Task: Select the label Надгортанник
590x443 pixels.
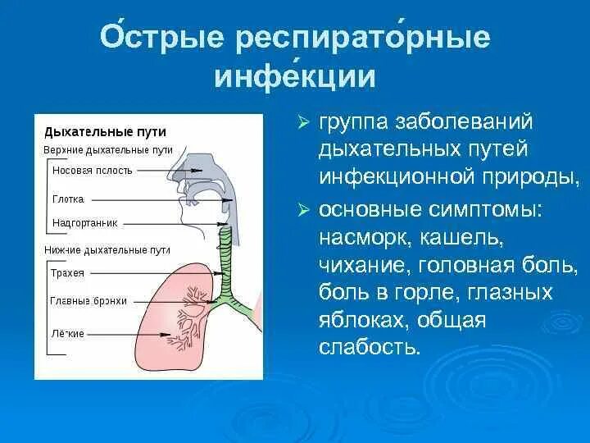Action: (84, 222)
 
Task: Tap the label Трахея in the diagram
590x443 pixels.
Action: (68, 272)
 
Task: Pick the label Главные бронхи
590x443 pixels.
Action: (88, 301)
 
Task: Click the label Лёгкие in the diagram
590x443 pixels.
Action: (67, 333)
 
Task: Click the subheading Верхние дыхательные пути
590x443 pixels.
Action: (107, 150)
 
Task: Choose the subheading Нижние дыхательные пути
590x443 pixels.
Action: (107, 248)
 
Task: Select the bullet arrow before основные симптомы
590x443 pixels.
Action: (302, 210)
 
